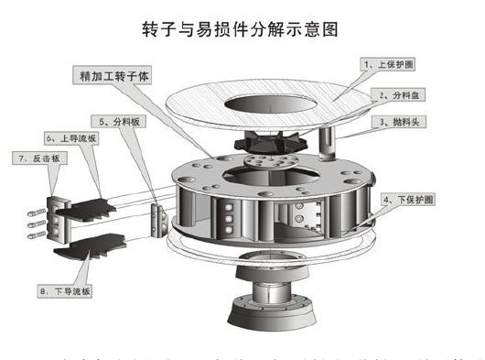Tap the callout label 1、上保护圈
[x=391, y=65]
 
